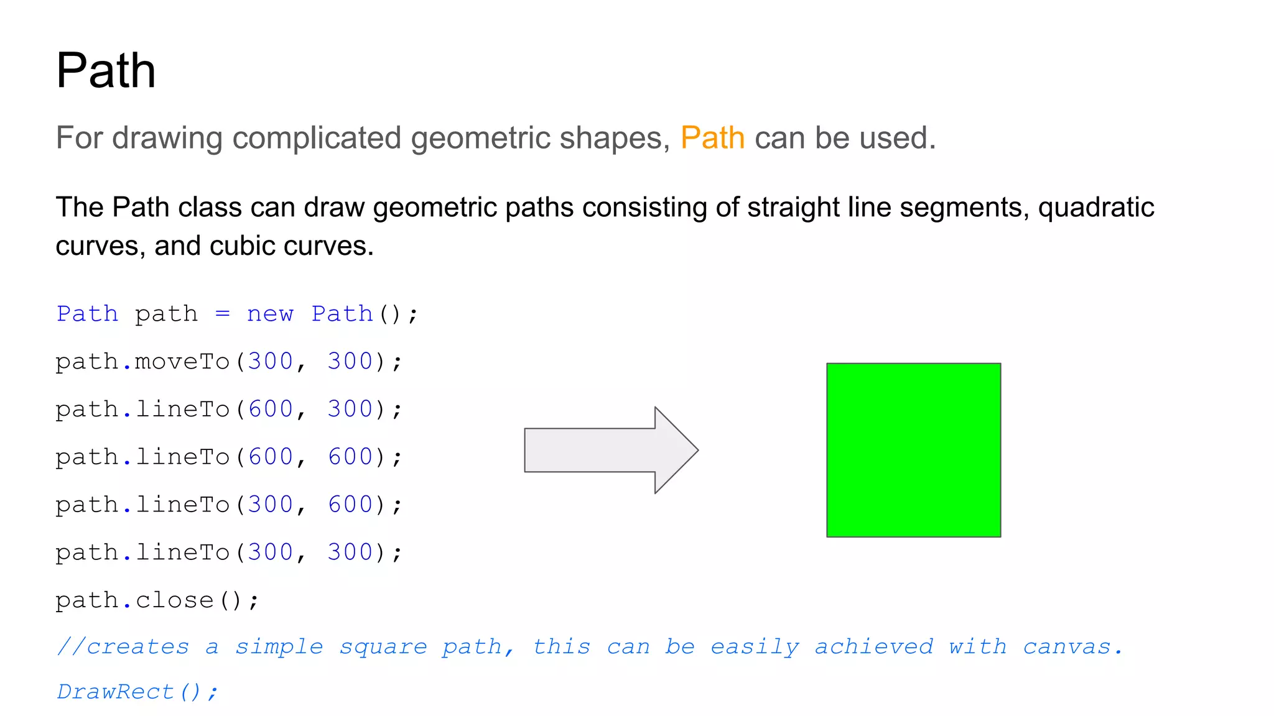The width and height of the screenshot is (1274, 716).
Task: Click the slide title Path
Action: [x=106, y=71]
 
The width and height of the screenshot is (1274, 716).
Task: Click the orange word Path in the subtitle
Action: [x=712, y=138]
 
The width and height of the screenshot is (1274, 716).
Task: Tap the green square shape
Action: [x=913, y=450]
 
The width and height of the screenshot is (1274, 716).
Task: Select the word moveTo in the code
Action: [x=182, y=362]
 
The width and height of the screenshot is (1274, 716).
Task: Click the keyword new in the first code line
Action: [x=270, y=314]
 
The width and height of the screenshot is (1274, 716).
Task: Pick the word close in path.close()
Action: [x=174, y=600]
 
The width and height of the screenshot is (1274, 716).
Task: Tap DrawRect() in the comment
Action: [x=136, y=692]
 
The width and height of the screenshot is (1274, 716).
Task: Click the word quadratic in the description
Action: [x=1096, y=208]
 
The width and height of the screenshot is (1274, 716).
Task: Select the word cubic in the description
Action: [x=242, y=246]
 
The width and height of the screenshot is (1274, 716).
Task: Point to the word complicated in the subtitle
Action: [x=317, y=138]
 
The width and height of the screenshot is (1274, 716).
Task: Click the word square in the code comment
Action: [x=383, y=648]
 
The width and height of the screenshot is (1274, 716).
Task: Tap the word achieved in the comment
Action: [x=873, y=647]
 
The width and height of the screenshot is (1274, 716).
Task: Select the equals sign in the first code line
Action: [x=223, y=314]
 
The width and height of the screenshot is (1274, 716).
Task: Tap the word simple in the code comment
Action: [x=279, y=648]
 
